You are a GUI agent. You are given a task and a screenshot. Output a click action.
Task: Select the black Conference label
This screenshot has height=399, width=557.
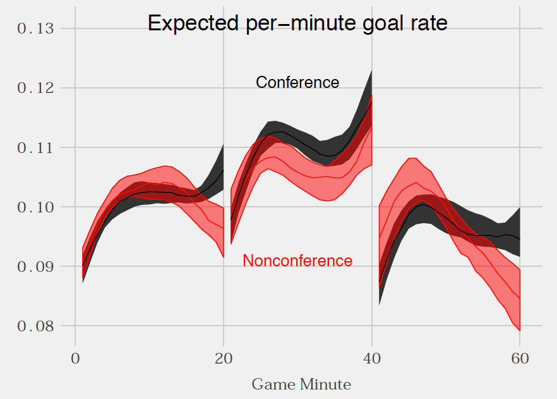[297, 82]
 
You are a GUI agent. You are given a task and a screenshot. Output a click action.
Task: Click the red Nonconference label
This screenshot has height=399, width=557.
[297, 261]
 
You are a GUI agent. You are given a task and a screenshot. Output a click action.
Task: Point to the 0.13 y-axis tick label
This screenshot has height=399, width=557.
[37, 28]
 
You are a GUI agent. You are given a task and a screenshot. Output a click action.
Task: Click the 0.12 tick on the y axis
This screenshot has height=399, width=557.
[37, 88]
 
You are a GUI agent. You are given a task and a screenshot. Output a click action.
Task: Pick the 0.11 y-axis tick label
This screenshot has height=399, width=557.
[37, 147]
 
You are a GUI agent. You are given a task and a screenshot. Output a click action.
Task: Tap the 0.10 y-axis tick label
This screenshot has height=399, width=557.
[37, 207]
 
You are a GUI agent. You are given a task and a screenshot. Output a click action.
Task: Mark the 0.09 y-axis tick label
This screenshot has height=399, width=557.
[37, 266]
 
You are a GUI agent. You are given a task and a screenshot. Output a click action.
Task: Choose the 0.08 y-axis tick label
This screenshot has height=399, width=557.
[37, 326]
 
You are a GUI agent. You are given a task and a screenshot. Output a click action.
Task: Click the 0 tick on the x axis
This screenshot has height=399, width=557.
[75, 357]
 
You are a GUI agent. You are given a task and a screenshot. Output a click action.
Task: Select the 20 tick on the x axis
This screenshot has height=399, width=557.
[224, 357]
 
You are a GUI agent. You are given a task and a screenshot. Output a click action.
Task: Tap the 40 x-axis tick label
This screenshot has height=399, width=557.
[371, 357]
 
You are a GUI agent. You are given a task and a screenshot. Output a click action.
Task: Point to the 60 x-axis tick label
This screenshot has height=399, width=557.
[520, 357]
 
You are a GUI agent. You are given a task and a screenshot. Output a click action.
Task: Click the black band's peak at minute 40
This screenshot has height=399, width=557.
[371, 71]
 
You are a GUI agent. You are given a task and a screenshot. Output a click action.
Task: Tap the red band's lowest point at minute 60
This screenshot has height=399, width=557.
[520, 330]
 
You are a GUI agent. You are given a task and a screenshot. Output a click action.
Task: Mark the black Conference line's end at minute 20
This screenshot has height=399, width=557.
[224, 170]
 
